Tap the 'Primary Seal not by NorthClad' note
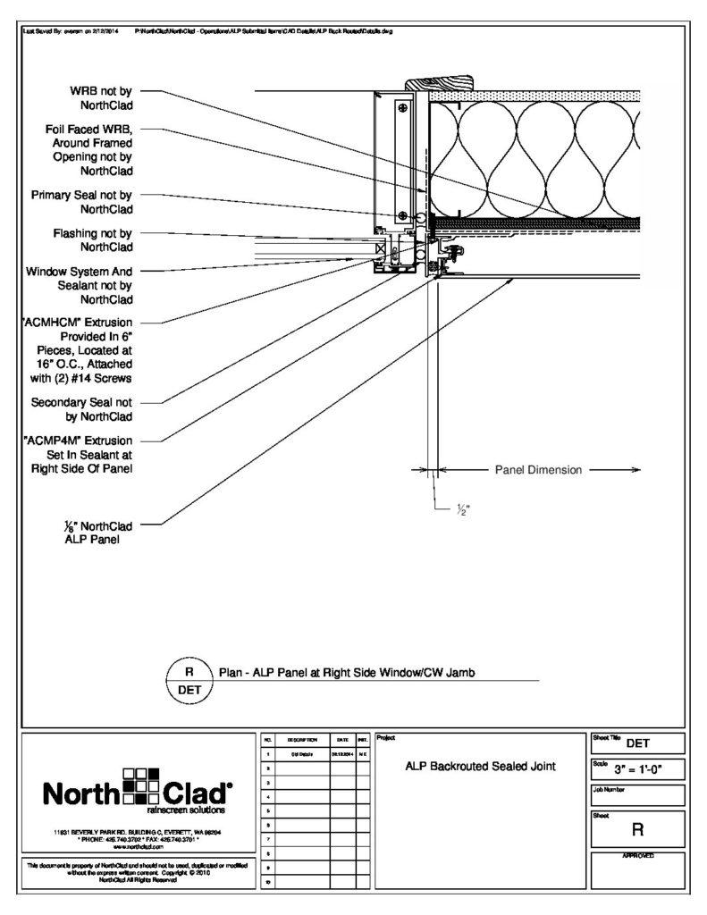82,202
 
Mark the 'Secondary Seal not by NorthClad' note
82,409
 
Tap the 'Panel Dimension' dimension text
538,470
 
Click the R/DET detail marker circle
189,681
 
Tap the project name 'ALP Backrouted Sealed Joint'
482,766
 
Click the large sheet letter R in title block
637,830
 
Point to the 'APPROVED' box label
637,856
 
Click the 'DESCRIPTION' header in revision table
298,741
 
